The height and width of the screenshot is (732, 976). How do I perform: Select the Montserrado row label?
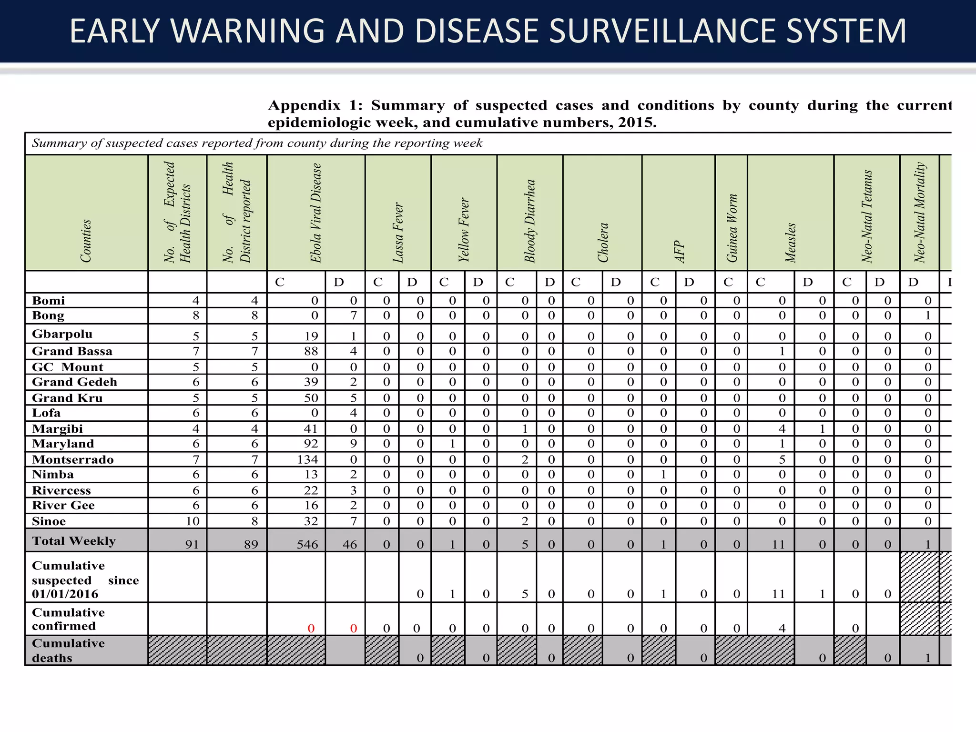[x=73, y=459]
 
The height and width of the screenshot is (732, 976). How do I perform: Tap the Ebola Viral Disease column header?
[x=316, y=213]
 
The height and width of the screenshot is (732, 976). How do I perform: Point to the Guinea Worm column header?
[x=732, y=228]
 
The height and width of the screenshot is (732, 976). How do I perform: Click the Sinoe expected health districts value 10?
[x=193, y=521]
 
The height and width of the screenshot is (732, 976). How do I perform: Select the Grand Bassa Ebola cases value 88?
[x=311, y=352]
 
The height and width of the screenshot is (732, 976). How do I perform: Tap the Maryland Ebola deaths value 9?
[x=353, y=444]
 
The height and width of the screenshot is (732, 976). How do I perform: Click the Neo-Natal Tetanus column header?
[x=867, y=216]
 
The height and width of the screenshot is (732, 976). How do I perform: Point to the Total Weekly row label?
[x=74, y=541]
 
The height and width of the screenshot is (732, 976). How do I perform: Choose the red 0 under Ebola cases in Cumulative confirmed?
[x=311, y=629]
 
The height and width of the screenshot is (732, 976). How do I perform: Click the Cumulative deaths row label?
[x=68, y=651]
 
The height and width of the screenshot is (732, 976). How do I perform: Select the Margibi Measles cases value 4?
[x=782, y=429]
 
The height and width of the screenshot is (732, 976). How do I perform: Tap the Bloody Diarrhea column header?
[x=530, y=221]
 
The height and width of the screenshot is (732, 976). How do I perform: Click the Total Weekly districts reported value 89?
[x=251, y=544]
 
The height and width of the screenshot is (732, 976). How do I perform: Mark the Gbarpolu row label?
[x=62, y=334]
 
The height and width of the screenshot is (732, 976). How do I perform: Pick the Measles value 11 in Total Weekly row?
[x=778, y=544]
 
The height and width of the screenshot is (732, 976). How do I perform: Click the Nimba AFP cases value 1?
[x=663, y=475]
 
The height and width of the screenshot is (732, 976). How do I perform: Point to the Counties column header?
[x=86, y=241]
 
